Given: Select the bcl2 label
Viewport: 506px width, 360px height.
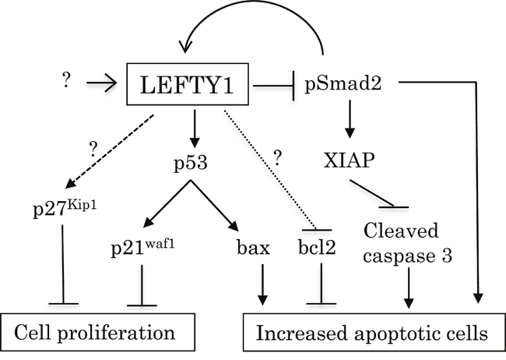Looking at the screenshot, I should coord(317,249).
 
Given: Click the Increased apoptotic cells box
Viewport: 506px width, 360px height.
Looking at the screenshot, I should coord(367,333).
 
